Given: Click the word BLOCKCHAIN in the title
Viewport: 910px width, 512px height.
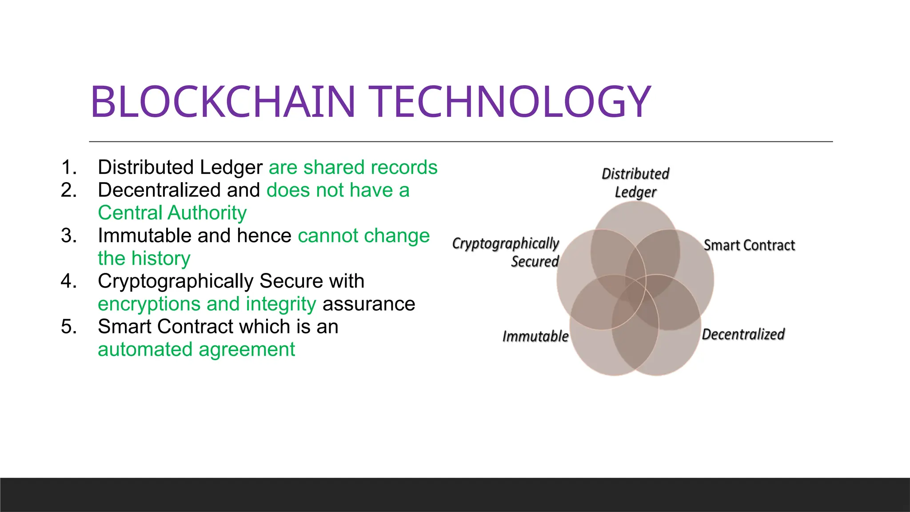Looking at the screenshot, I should (222, 102).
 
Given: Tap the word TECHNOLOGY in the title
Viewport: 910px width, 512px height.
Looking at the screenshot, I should (511, 102).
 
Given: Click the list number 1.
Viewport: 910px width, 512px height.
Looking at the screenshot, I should (68, 168).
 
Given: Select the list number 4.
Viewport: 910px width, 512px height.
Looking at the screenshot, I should (68, 281).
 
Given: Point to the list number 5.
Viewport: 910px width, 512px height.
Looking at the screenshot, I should (68, 327).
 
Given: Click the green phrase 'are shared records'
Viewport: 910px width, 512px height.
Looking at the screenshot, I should (353, 168).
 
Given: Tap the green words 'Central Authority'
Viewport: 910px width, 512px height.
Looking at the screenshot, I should (172, 213).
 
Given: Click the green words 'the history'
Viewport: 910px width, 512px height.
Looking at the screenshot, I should (144, 259).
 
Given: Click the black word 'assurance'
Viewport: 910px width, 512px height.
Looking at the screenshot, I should (369, 304).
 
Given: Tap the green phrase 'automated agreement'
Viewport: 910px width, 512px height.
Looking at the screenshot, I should (196, 349).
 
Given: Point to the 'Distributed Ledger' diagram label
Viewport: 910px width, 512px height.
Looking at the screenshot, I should (635, 183).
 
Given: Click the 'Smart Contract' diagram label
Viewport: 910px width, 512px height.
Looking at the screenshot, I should (749, 245).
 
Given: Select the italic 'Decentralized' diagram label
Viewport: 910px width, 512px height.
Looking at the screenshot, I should (743, 334).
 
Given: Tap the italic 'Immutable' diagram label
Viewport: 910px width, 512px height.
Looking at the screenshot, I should (535, 336).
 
